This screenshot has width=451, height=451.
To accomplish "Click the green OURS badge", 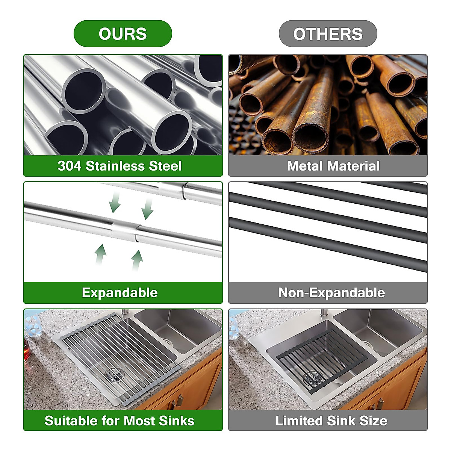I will (x=123, y=34).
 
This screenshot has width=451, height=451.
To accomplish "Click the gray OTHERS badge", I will (x=328, y=34).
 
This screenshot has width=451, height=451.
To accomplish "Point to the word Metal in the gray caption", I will (x=304, y=166).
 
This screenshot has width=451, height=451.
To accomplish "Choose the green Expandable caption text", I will (x=120, y=292).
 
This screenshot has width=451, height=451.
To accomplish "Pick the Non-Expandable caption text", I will (x=331, y=292).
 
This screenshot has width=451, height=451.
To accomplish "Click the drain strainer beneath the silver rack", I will (x=115, y=374).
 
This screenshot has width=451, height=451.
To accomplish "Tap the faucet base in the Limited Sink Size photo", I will (x=324, y=313).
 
